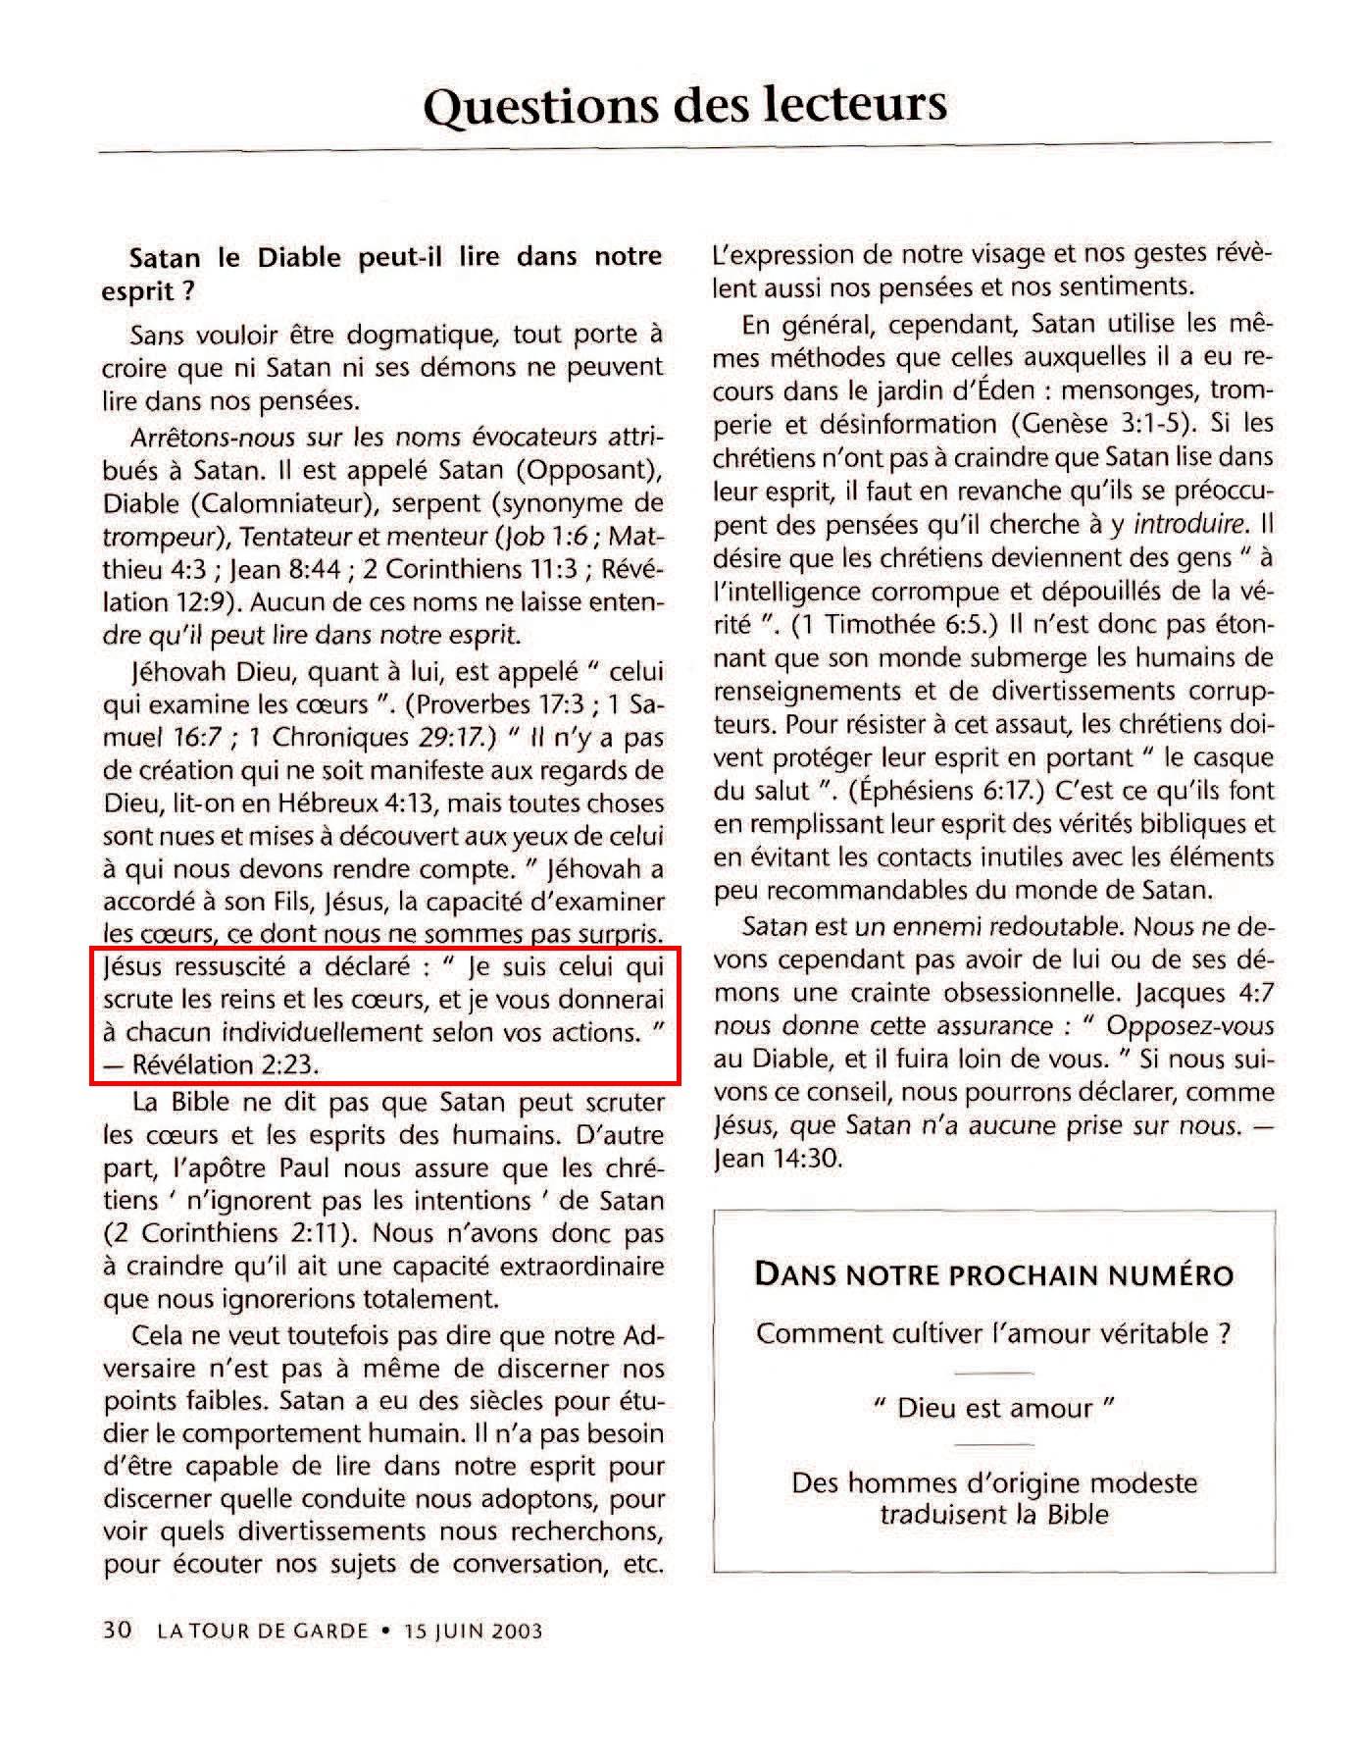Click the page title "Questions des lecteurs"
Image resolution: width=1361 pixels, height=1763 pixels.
click(x=684, y=104)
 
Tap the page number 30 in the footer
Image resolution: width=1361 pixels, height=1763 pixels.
click(x=117, y=1631)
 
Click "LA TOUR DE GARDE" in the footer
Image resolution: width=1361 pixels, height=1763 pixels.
click(x=263, y=1632)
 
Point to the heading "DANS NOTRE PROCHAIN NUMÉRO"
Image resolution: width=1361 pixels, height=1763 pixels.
click(x=994, y=1274)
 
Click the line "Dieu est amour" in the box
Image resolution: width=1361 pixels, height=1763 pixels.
click(x=994, y=1408)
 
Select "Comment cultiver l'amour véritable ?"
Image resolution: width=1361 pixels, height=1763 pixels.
click(x=994, y=1333)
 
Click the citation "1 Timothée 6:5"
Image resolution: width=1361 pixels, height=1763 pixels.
click(x=902, y=624)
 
